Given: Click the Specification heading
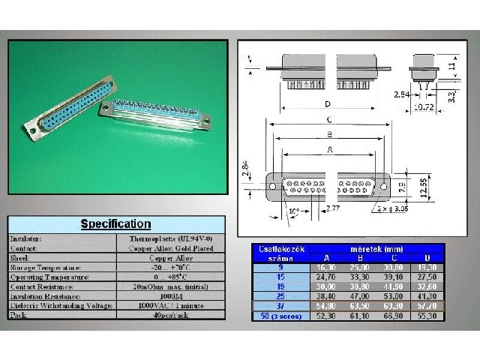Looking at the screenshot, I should (115, 223).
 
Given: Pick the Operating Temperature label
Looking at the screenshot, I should (46, 277).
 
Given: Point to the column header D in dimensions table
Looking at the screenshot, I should (427, 257).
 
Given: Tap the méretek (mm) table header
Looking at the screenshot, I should (376, 247).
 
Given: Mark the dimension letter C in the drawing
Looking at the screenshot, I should (330, 120).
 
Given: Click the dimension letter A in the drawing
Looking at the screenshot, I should (330, 149).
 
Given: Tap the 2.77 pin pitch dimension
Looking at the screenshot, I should (334, 208).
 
